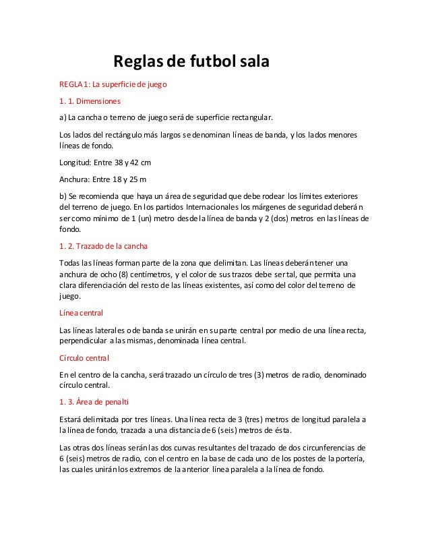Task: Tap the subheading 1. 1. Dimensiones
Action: (90, 102)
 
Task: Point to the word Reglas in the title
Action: (137, 63)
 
